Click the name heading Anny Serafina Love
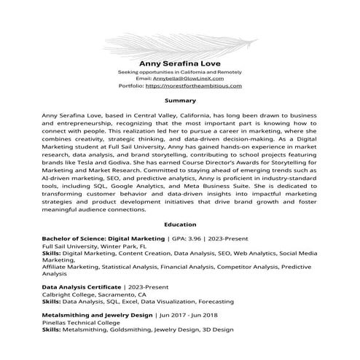(179, 63)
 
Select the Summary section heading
(179, 100)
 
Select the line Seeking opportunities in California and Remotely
(179, 72)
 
